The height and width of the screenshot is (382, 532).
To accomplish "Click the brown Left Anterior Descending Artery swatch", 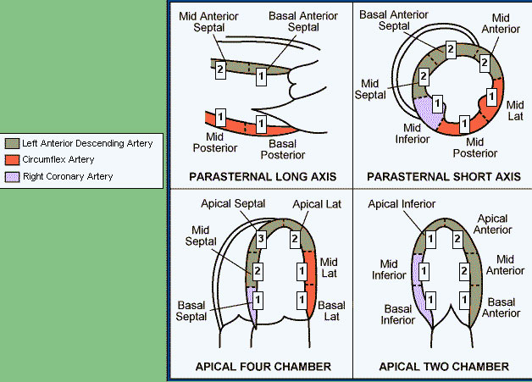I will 10,144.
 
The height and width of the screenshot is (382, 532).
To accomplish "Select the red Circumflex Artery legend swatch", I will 10,160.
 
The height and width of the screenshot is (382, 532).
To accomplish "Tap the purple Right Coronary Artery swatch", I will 10,176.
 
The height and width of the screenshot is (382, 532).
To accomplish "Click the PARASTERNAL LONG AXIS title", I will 263,177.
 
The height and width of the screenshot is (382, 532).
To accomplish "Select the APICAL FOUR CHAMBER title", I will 263,367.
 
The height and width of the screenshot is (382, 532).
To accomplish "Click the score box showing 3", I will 262,240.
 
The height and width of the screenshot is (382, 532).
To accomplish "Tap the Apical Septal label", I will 234,204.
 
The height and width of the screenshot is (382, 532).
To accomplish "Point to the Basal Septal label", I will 196,310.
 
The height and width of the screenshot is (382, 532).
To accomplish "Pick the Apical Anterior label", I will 492,224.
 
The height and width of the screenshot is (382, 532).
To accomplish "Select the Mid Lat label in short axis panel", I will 515,109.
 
